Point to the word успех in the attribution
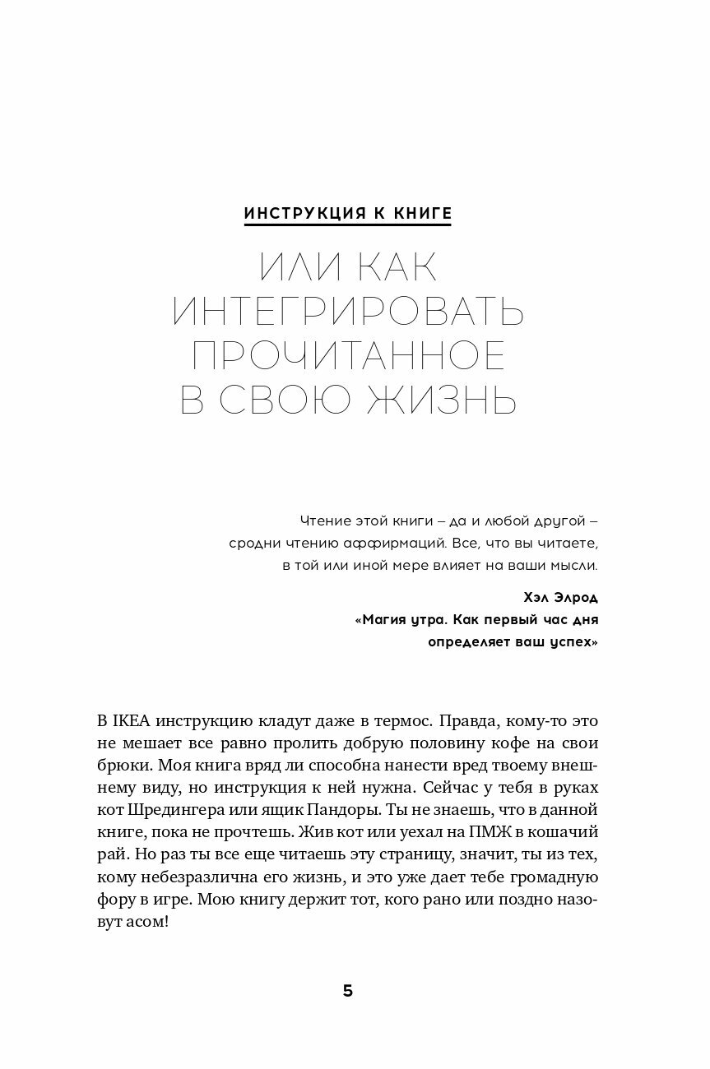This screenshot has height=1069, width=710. click(570, 643)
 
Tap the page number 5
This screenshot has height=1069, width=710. click(348, 991)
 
